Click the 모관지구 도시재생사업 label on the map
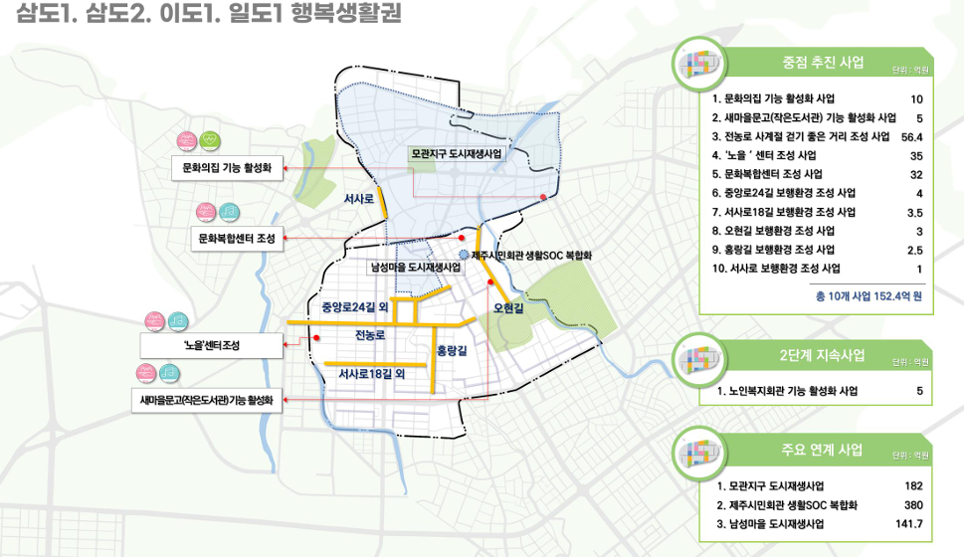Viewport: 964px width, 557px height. [x=457, y=155]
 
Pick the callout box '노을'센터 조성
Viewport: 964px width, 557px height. [x=212, y=345]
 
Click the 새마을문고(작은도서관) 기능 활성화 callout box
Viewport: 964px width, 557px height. [x=207, y=400]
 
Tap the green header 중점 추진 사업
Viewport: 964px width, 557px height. [x=823, y=62]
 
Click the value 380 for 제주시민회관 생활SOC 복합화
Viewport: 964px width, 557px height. [x=912, y=504]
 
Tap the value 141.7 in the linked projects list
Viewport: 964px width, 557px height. [x=909, y=523]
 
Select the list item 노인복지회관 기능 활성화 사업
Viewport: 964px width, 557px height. [x=785, y=392]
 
